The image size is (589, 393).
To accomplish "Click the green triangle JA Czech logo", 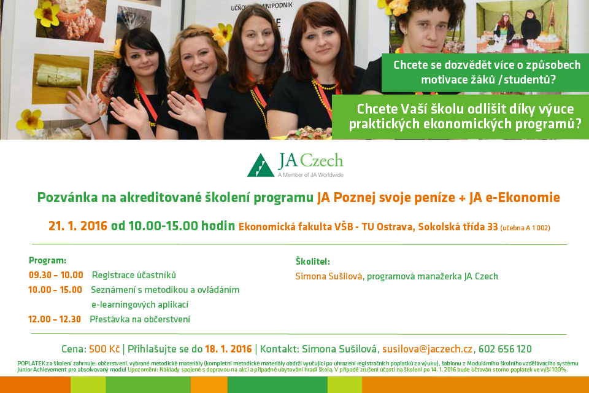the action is [261, 165].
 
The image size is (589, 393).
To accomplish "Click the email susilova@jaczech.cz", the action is [428, 349].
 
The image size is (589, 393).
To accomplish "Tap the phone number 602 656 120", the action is [505, 349].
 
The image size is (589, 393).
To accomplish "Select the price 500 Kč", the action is [104, 349].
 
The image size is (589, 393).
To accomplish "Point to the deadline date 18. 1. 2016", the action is [228, 349].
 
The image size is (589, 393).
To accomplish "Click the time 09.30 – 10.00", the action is [56, 275].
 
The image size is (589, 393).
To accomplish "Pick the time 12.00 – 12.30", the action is [55, 319].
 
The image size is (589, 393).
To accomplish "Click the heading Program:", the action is [47, 260].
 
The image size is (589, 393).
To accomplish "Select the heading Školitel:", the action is [313, 262].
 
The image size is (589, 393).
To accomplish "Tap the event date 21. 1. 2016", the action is [78, 226].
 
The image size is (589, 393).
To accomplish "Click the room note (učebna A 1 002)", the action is [525, 228].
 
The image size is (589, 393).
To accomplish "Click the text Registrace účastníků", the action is [134, 275].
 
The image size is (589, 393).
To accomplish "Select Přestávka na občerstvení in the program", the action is [140, 319].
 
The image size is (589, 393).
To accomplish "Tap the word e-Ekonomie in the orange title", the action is [523, 198].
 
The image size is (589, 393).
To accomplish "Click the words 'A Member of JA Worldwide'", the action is [310, 175].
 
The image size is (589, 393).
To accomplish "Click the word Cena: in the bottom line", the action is [74, 349].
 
